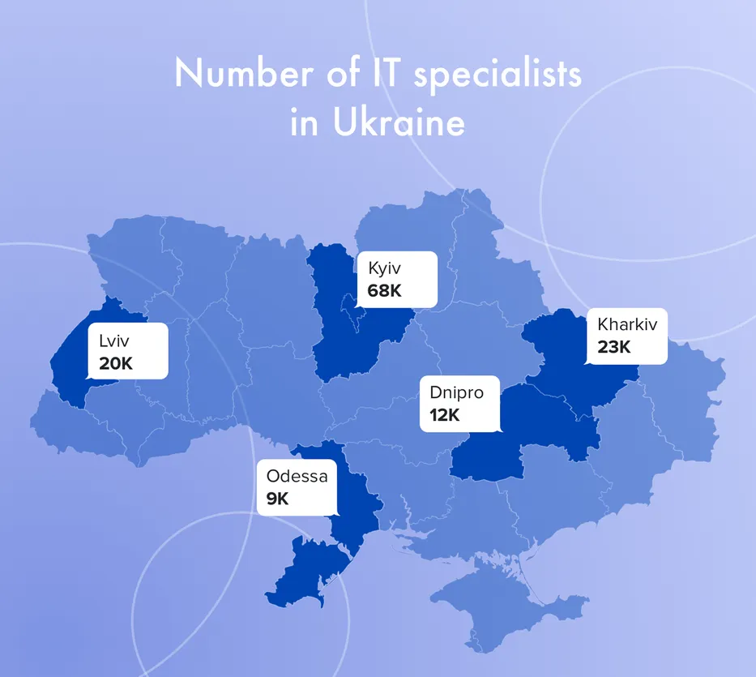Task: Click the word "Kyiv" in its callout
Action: click(x=385, y=268)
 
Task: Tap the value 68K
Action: click(x=384, y=290)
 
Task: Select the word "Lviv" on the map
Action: click(x=114, y=341)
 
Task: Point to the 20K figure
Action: click(x=116, y=363)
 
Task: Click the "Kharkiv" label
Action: click(x=627, y=325)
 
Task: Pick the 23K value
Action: click(x=613, y=347)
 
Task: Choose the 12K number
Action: click(x=439, y=416)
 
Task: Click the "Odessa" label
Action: click(x=297, y=476)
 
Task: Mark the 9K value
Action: click(x=277, y=499)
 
